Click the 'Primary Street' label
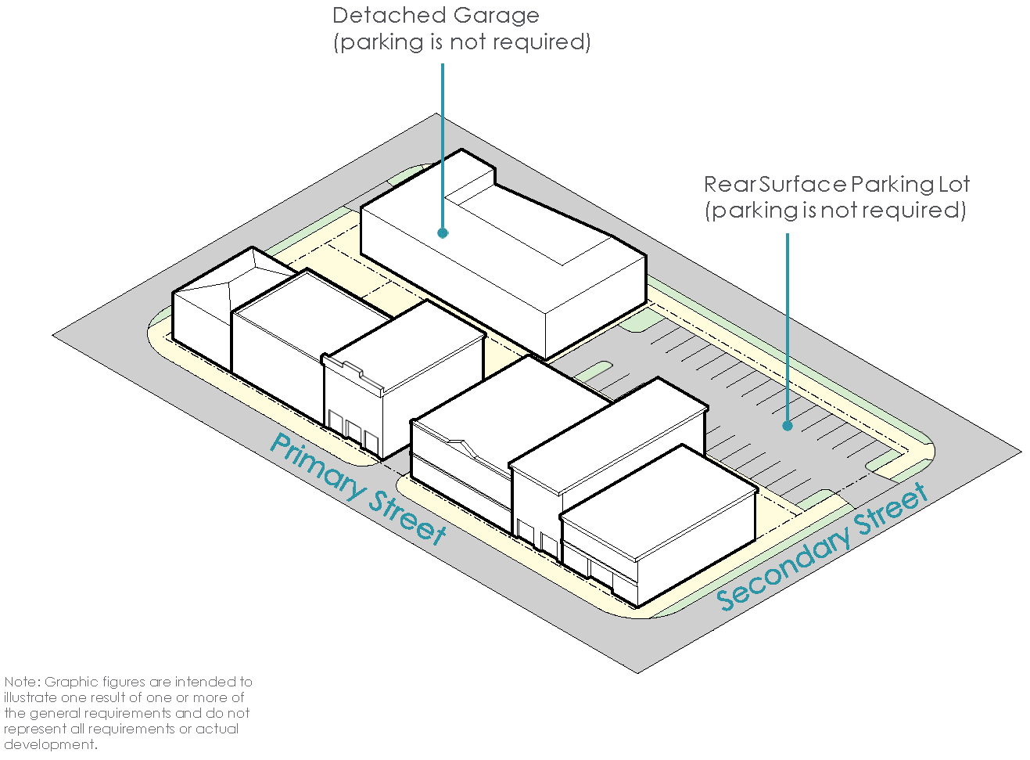(x=358, y=488)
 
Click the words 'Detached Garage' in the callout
(x=436, y=16)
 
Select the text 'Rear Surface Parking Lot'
(x=836, y=185)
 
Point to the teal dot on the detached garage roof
(x=443, y=232)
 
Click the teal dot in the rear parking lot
(x=788, y=426)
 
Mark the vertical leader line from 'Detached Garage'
(x=443, y=141)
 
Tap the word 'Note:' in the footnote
(x=22, y=683)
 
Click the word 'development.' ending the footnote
(x=50, y=744)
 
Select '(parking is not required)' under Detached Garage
(x=462, y=42)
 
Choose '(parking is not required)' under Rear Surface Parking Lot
(x=835, y=211)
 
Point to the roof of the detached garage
(x=501, y=258)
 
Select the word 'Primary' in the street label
(x=318, y=465)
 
